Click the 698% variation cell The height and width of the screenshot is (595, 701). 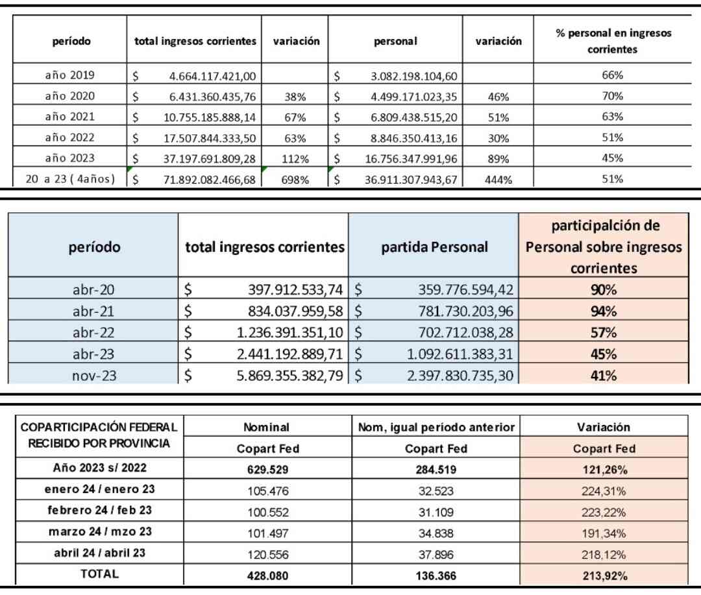[x=295, y=180]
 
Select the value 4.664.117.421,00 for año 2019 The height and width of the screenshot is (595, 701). [x=212, y=77]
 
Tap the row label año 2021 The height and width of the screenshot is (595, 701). [x=69, y=117]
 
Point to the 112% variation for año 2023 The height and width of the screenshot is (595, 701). [x=295, y=159]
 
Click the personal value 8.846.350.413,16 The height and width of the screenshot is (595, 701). [x=413, y=138]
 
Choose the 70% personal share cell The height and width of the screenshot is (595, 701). [x=612, y=95]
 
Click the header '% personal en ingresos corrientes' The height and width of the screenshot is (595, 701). [x=613, y=41]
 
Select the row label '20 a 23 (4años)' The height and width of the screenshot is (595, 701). [x=70, y=179]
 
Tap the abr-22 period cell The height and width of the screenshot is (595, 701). [x=93, y=332]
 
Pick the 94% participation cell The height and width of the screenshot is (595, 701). [x=604, y=311]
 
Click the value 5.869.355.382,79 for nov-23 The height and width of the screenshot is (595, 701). [x=289, y=376]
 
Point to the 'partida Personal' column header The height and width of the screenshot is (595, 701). [x=434, y=247]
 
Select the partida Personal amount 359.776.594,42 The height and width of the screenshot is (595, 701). [x=465, y=289]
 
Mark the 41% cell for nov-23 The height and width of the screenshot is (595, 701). [x=604, y=376]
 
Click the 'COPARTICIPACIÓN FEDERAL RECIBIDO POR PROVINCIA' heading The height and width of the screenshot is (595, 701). [x=99, y=435]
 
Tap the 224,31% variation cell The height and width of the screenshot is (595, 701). [x=604, y=491]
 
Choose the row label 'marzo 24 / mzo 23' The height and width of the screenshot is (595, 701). [x=100, y=531]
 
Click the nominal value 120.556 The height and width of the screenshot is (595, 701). [x=268, y=555]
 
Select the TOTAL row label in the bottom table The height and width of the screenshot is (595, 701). [x=99, y=574]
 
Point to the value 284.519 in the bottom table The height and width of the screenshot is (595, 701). [x=436, y=470]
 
